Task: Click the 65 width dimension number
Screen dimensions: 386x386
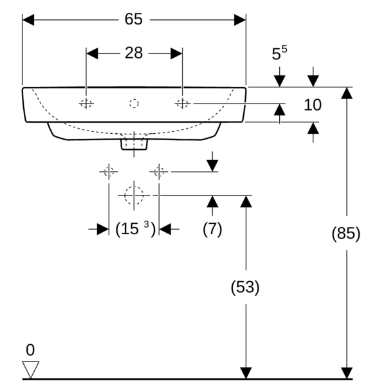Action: click(134, 19)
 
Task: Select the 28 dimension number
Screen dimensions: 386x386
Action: click(134, 53)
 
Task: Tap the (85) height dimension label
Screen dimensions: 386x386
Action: click(346, 234)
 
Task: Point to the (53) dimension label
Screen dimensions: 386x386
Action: click(245, 288)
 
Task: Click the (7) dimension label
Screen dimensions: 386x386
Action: click(212, 229)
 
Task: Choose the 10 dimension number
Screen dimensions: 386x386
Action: click(313, 104)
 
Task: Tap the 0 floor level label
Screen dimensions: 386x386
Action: click(30, 351)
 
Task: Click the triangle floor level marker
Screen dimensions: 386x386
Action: click(30, 369)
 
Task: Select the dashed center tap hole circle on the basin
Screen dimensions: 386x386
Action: click(134, 103)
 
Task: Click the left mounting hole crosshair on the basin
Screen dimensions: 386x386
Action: click(86, 103)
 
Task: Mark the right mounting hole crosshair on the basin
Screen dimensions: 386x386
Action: click(182, 103)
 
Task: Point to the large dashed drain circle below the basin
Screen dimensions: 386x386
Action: click(134, 194)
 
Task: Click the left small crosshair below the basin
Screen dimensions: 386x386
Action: click(108, 171)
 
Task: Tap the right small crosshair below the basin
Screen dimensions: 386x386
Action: click(159, 171)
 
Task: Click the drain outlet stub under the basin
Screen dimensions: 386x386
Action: click(134, 143)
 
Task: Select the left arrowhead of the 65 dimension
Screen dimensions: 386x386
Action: click(28, 19)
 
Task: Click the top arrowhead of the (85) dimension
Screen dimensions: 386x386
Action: click(347, 92)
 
